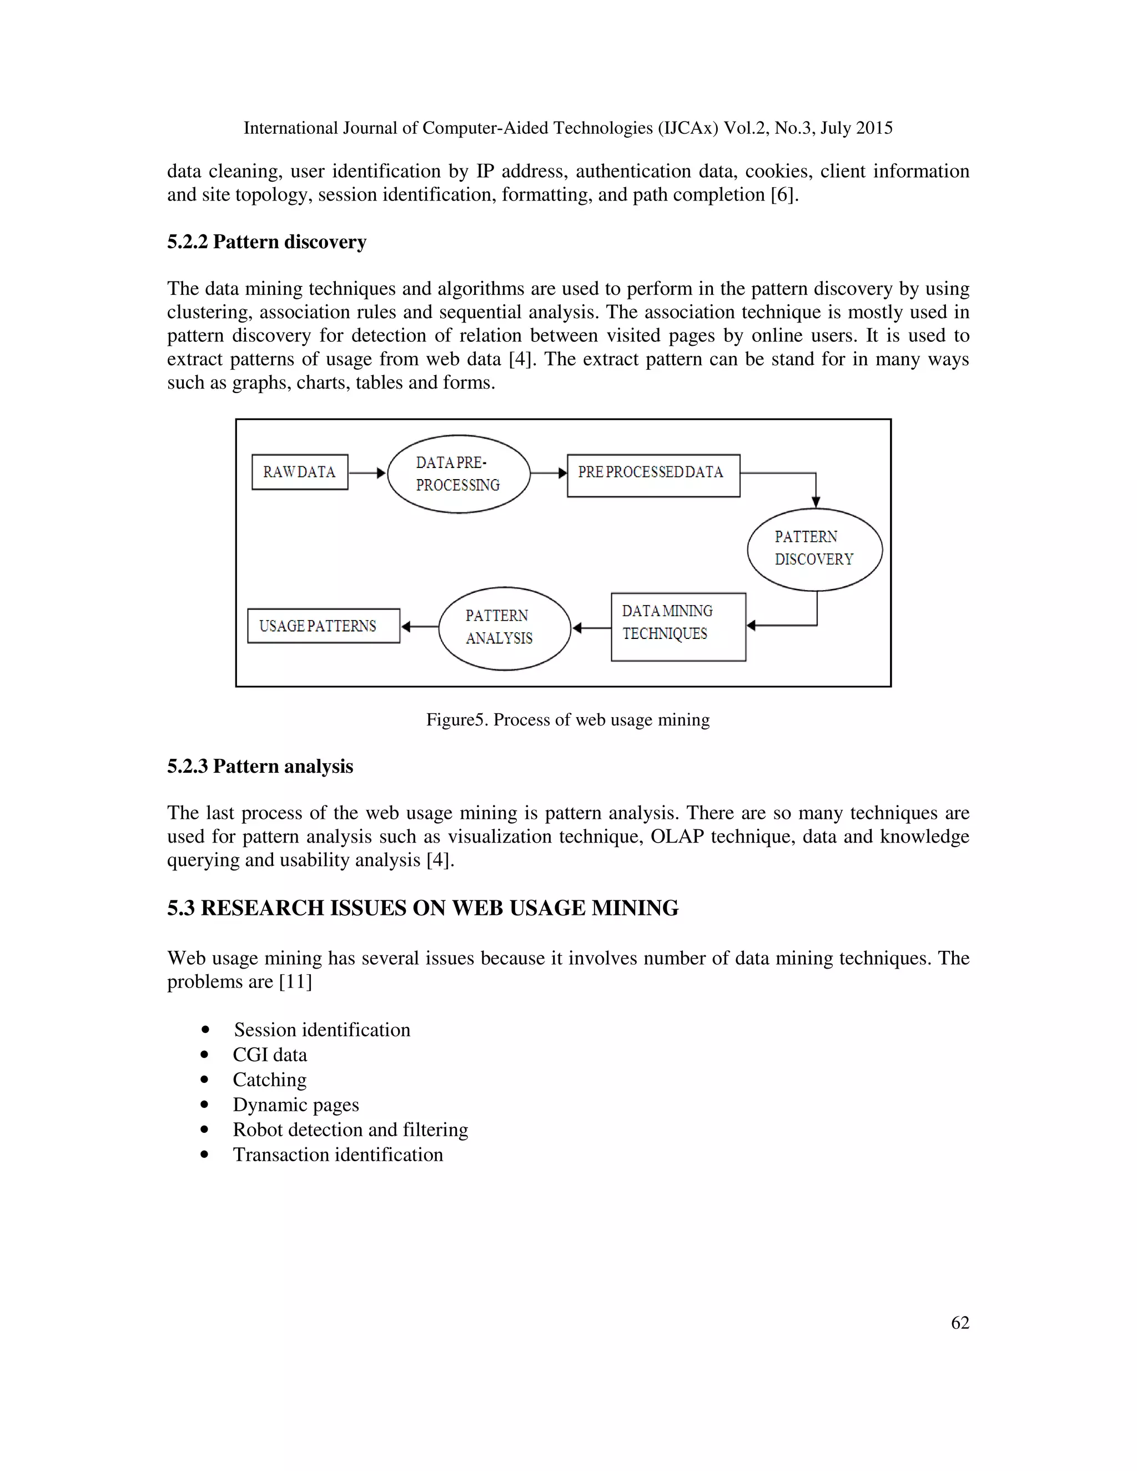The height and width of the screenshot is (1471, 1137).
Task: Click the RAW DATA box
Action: (x=300, y=472)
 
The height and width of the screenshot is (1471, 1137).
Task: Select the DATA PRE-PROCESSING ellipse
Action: (x=459, y=473)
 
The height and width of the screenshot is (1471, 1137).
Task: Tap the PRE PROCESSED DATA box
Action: (x=653, y=476)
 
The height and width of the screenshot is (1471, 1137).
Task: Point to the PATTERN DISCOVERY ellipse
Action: (x=814, y=549)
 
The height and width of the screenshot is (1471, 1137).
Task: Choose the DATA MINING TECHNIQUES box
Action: (x=678, y=626)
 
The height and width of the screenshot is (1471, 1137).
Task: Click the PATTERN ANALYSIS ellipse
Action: (x=505, y=628)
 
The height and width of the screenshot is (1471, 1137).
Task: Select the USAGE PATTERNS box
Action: (x=323, y=626)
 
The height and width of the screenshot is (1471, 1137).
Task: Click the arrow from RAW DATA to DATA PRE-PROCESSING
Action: (x=367, y=473)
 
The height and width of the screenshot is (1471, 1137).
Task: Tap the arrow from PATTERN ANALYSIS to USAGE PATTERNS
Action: (x=419, y=626)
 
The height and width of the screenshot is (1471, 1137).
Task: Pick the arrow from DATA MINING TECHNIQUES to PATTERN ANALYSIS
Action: (x=591, y=628)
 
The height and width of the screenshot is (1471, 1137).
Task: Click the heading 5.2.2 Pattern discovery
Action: (x=266, y=242)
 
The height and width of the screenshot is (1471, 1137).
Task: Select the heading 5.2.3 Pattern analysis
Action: (x=260, y=767)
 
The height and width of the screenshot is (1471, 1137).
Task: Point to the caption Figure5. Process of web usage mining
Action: (x=568, y=720)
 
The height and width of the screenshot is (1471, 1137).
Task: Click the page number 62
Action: (x=960, y=1322)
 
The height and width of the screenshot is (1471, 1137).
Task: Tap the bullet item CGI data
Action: (x=269, y=1055)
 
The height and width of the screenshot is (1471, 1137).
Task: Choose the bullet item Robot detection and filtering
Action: (x=350, y=1130)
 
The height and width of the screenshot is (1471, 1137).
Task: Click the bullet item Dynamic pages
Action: (x=296, y=1105)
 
